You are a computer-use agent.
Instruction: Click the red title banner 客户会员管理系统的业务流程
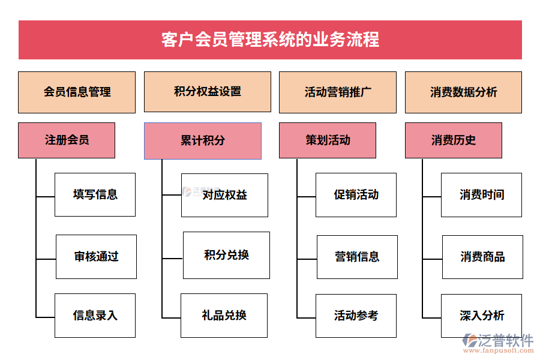point(270,40)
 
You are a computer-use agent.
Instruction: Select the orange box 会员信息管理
point(77,92)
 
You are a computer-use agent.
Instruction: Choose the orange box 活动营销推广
point(338,92)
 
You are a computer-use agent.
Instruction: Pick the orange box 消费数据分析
point(463,92)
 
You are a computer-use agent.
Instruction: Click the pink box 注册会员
point(67,140)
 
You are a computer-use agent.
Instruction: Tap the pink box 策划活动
point(328,140)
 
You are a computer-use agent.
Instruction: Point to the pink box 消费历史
point(454,140)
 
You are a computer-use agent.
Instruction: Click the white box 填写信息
point(95,194)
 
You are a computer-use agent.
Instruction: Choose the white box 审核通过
point(96,257)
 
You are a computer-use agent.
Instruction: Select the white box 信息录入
point(95,316)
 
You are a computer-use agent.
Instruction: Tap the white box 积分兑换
point(226,255)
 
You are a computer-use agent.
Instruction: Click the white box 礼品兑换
point(224,316)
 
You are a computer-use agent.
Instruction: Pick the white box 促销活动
point(356,194)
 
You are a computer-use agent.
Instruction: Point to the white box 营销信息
point(357,257)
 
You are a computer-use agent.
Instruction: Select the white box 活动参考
point(356,316)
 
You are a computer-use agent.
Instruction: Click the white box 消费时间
point(482,194)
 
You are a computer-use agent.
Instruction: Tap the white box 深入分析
point(482,316)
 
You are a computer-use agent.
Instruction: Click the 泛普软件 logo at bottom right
point(498,343)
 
